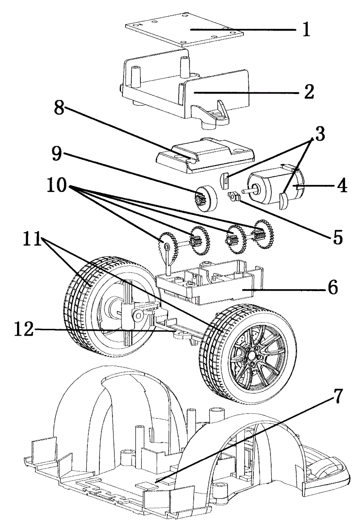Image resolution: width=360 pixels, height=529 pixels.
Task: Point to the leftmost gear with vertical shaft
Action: click(166, 245)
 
